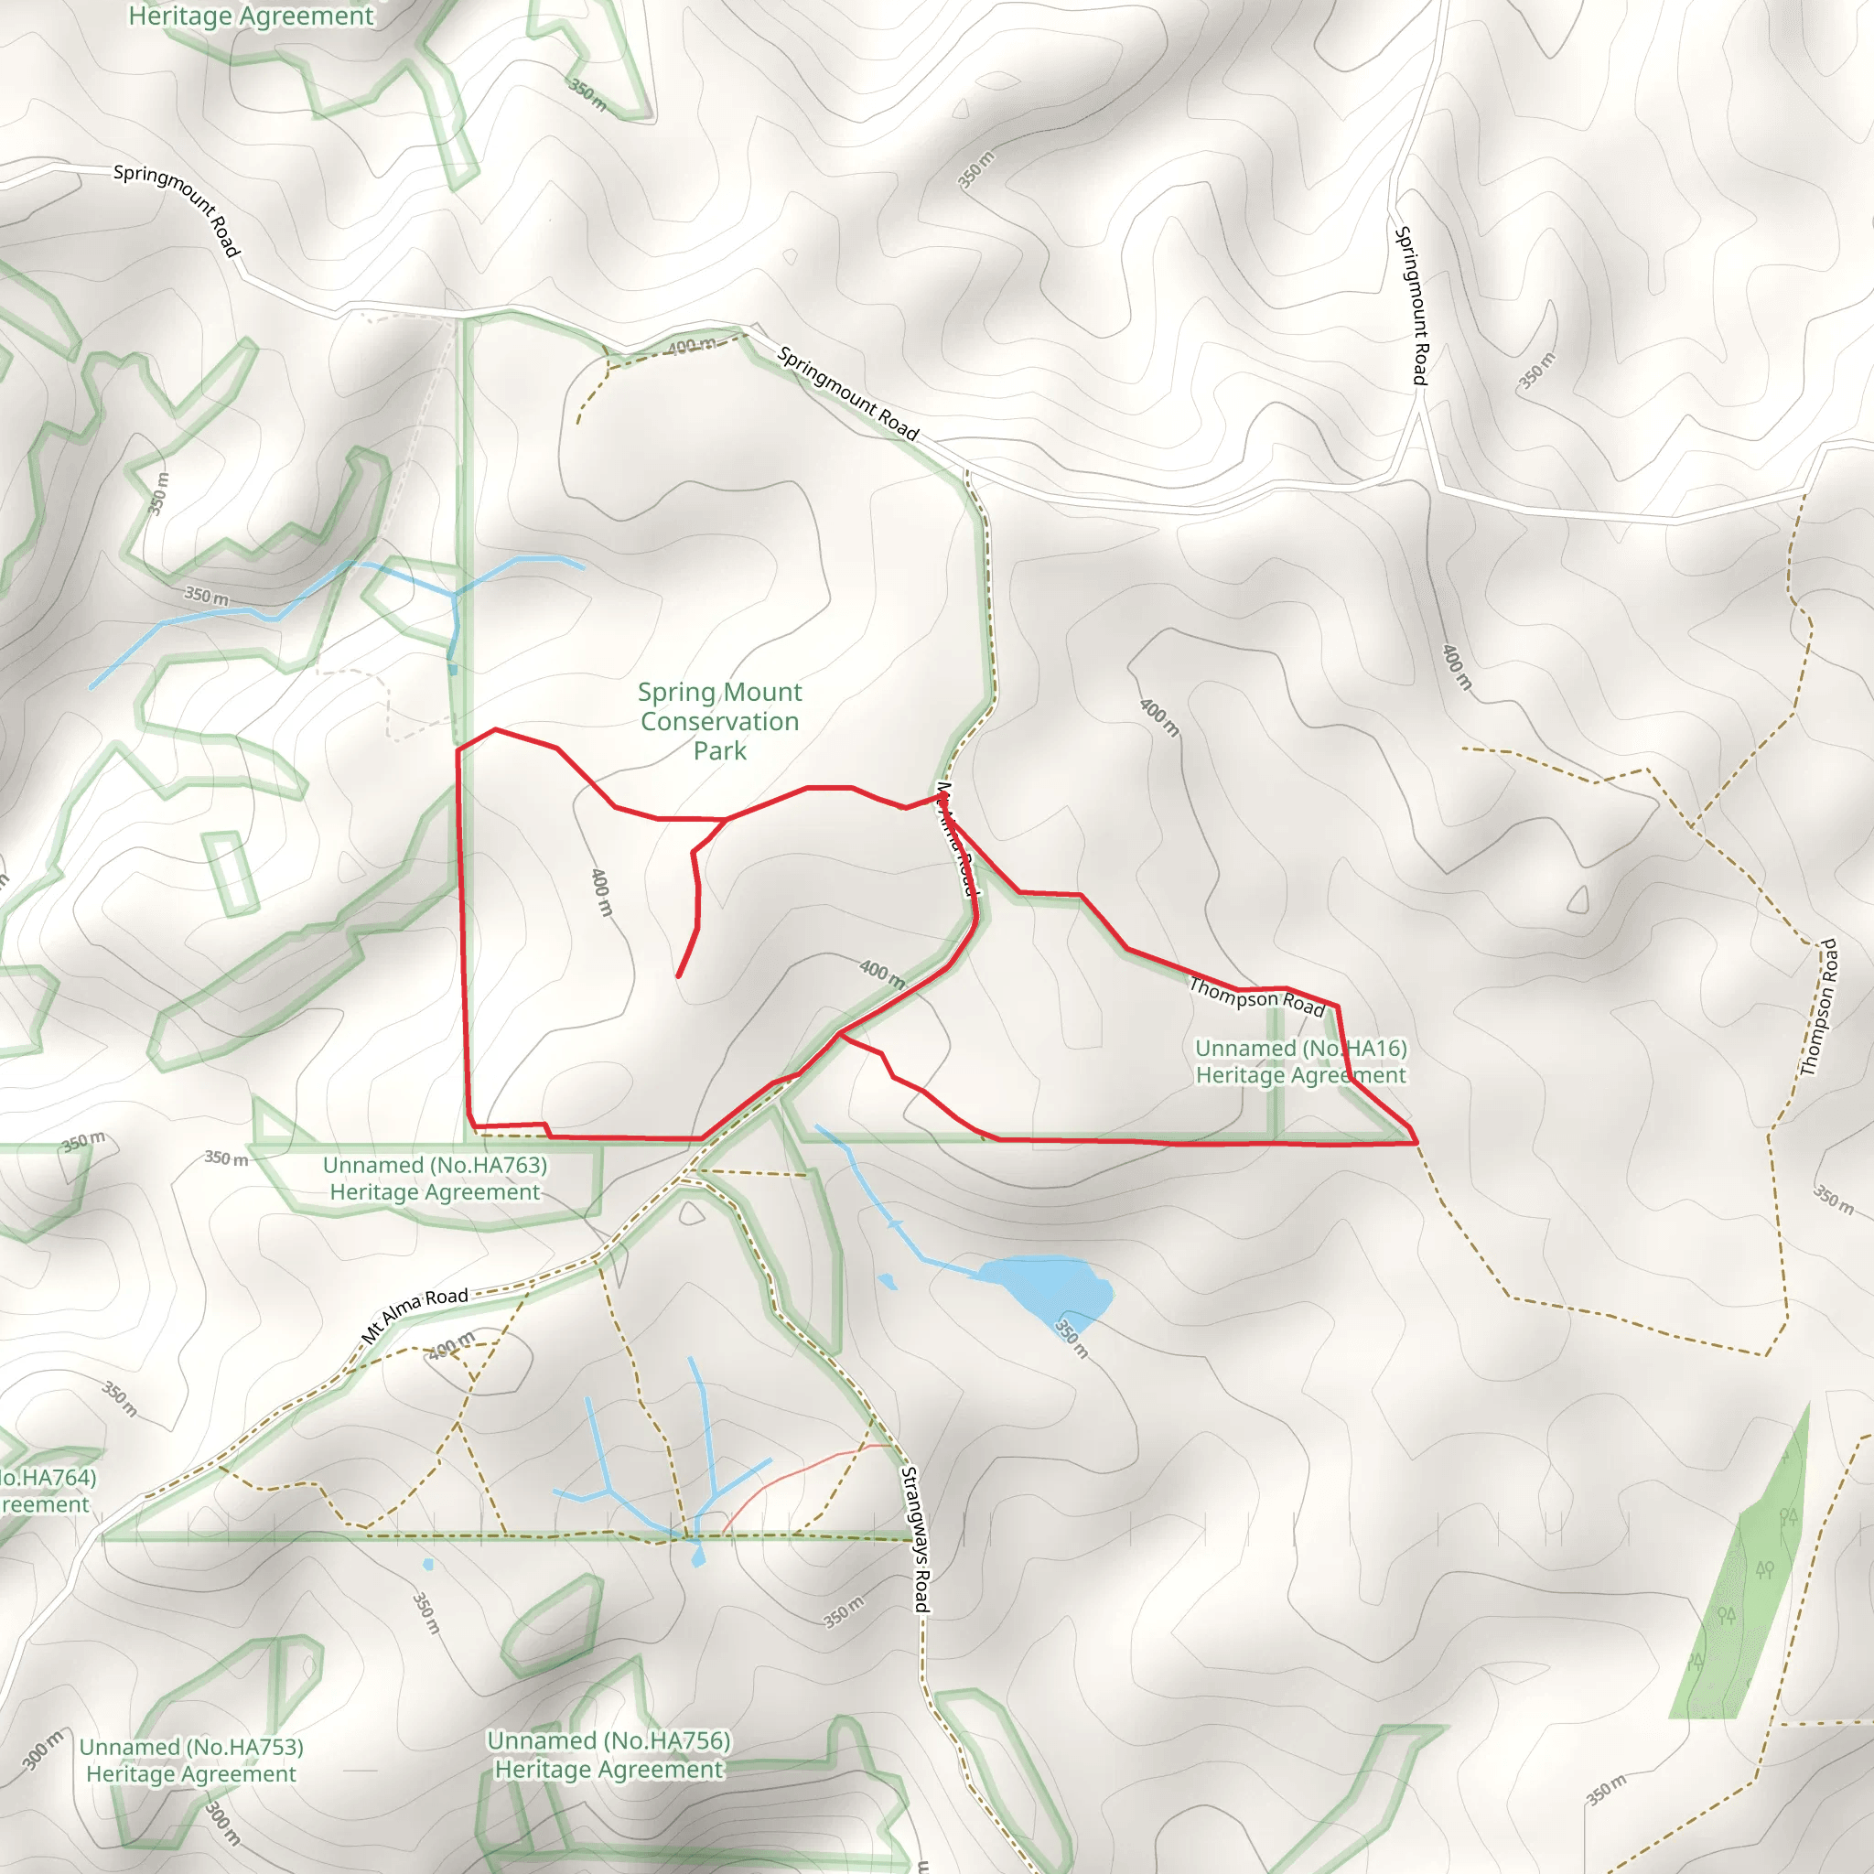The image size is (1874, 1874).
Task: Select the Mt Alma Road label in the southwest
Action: point(415,1314)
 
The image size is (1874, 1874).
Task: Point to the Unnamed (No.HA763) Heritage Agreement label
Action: point(435,1178)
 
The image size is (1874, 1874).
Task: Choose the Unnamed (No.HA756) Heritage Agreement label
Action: point(609,1755)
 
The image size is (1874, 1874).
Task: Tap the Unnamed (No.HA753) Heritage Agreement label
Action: point(191,1760)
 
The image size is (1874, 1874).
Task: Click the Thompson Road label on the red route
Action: point(1256,997)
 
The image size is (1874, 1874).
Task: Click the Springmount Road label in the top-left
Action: point(177,210)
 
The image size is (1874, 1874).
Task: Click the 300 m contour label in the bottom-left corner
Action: point(42,1749)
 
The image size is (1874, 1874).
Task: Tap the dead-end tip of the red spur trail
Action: point(678,975)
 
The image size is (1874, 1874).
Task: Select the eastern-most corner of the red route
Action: point(1417,1143)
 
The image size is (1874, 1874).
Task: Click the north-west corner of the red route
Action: point(458,749)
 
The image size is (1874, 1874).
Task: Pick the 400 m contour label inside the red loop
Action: point(601,891)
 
